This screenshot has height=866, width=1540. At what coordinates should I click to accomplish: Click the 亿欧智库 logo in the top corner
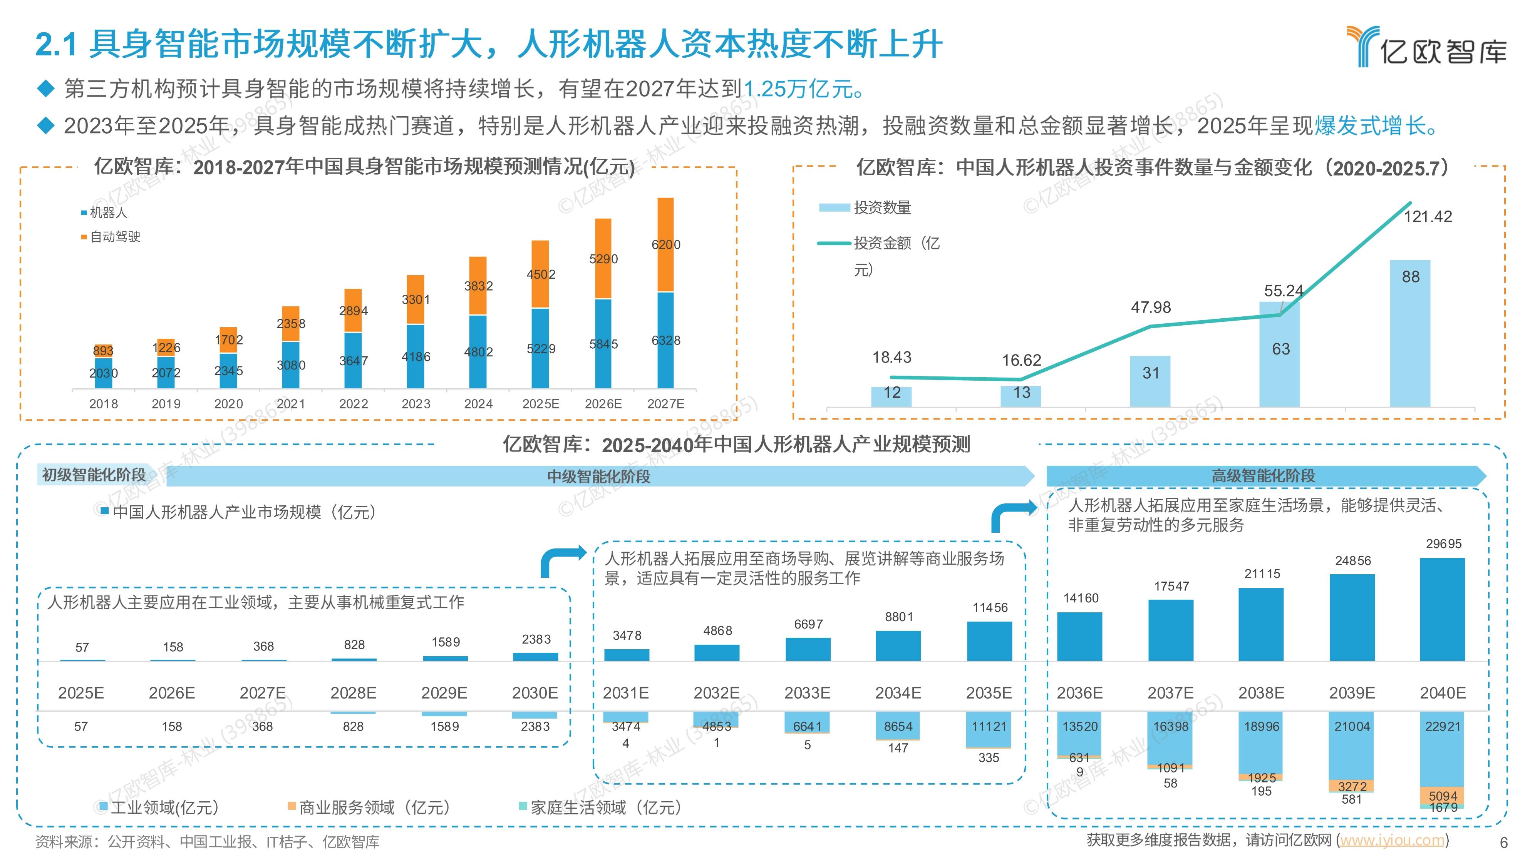coord(1426,47)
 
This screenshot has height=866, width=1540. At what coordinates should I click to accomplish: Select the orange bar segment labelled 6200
coord(665,244)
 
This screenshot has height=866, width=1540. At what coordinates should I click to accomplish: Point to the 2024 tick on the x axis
coord(478,404)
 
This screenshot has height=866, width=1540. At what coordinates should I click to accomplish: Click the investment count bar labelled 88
coord(1410,335)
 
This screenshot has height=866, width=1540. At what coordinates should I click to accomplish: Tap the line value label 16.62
coord(1021,360)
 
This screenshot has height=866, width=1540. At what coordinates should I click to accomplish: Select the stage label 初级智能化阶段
coord(94,475)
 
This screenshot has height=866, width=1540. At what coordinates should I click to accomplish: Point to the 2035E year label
coord(989,693)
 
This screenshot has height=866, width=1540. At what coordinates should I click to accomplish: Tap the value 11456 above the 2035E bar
coord(989,608)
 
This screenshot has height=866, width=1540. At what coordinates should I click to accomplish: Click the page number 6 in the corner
coord(1503,843)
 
